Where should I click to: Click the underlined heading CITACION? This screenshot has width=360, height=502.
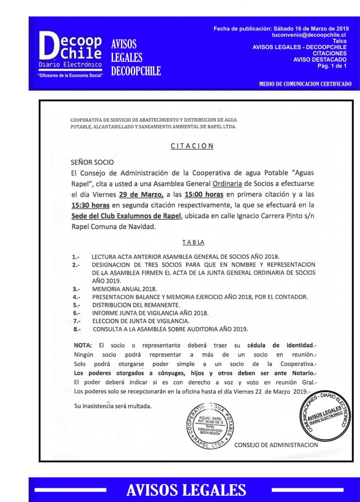click(192, 146)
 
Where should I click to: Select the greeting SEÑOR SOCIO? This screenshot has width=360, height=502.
click(92, 162)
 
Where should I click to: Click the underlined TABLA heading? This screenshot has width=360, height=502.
click(193, 242)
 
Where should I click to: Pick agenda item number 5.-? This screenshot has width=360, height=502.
click(76, 304)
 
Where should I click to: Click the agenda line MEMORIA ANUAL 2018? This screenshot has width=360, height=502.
click(124, 289)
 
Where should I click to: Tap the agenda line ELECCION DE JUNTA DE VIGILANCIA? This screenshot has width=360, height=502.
click(134, 320)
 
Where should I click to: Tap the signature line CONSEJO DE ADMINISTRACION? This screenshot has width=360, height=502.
click(276, 445)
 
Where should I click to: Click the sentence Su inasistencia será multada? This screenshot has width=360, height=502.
click(113, 406)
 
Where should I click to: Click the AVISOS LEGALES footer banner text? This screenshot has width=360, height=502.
click(186, 489)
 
